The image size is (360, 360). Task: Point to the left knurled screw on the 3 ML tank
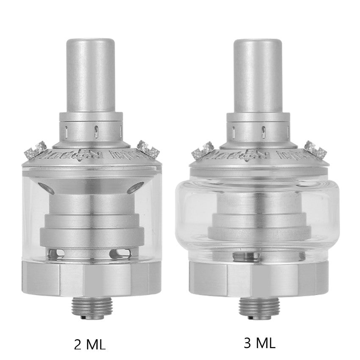pos(203,149)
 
